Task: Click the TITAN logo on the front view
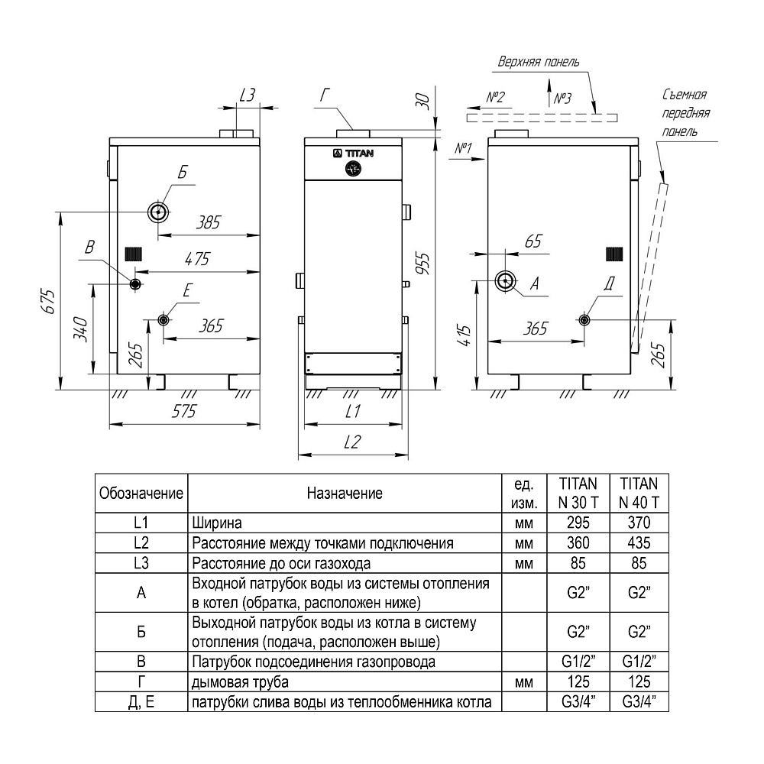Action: click(x=354, y=154)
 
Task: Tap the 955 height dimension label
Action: click(x=423, y=264)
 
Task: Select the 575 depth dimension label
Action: click(x=183, y=411)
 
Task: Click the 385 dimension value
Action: click(x=208, y=222)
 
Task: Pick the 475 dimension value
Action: click(x=197, y=259)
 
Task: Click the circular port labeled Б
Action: click(x=158, y=212)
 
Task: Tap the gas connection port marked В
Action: click(x=135, y=284)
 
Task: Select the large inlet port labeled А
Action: click(x=506, y=281)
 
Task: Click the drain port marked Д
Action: click(x=584, y=319)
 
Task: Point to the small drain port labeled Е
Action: click(x=163, y=319)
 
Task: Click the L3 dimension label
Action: click(x=248, y=95)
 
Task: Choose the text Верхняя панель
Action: click(x=539, y=62)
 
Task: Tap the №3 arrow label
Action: click(x=562, y=99)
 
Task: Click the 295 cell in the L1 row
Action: click(x=578, y=523)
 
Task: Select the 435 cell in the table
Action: click(x=639, y=542)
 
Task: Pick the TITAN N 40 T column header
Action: click(x=639, y=493)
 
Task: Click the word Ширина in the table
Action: click(x=217, y=523)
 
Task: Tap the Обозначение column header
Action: click(x=141, y=493)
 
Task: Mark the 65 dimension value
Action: click(x=533, y=241)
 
